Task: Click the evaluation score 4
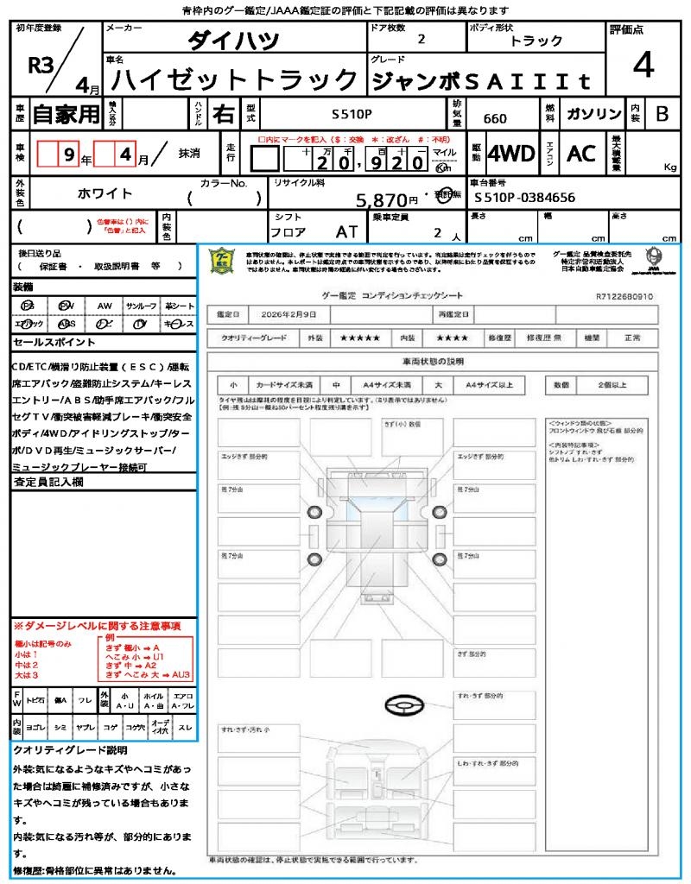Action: coord(643,66)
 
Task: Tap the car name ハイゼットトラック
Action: coord(236,79)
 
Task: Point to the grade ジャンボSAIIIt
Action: coord(482,80)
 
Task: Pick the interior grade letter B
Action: coord(662,114)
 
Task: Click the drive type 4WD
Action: coord(512,154)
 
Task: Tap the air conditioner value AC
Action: coord(580,154)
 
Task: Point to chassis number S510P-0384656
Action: coord(524,198)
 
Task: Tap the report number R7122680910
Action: coord(624,296)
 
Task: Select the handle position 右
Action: coord(225,114)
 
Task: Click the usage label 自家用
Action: coord(66,114)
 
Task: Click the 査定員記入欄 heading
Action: coord(48,483)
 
